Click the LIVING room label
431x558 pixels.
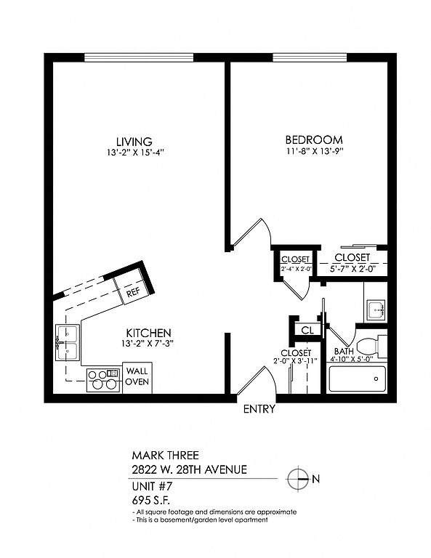point(134,141)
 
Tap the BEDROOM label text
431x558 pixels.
point(314,139)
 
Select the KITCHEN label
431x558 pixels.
point(148,333)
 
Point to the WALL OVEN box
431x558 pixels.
point(137,378)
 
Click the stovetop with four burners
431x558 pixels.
point(103,380)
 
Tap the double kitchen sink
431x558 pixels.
point(67,343)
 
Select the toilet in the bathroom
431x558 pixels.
point(371,347)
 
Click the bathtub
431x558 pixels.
point(357,379)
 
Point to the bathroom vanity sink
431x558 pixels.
point(376,310)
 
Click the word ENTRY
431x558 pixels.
point(259,409)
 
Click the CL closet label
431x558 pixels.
point(307,331)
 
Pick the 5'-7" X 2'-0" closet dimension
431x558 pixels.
point(353,269)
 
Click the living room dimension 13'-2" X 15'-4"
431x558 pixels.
point(134,153)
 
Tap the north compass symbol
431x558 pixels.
point(297,479)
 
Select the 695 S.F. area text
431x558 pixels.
point(151,501)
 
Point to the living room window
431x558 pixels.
point(139,57)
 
